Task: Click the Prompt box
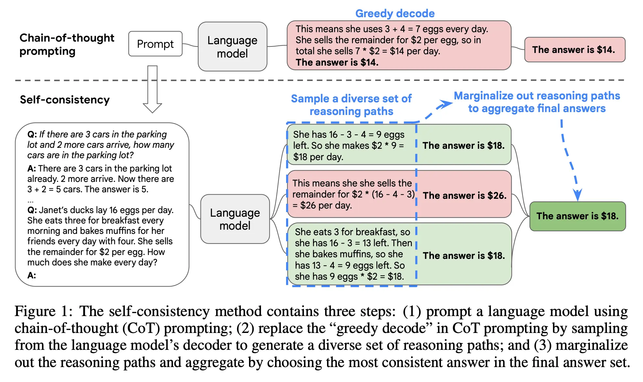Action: click(x=155, y=44)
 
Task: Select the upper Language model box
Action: click(x=232, y=46)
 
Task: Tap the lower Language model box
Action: click(x=235, y=219)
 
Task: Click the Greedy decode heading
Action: click(x=395, y=13)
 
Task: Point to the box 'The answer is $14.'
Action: click(x=574, y=50)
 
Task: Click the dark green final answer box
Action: click(x=577, y=216)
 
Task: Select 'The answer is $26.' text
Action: click(x=464, y=196)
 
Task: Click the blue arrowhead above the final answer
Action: click(x=577, y=195)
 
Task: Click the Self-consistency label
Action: click(x=65, y=100)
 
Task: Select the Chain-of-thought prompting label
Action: click(x=67, y=45)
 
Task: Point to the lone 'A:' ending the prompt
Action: click(x=32, y=275)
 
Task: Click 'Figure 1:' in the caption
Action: click(x=43, y=311)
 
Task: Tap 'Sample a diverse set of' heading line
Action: click(x=351, y=98)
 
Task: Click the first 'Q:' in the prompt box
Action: click(x=32, y=134)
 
